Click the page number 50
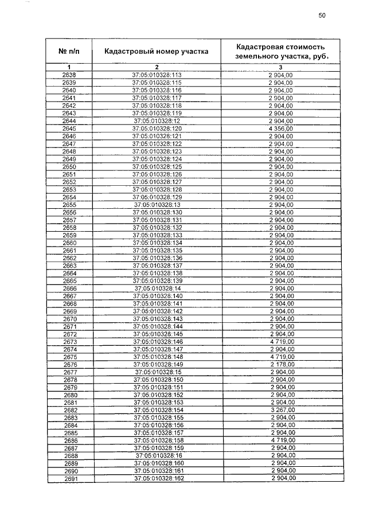click(x=322, y=16)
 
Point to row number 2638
click(x=69, y=75)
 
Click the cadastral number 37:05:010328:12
click(x=157, y=122)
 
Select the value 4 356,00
click(x=281, y=129)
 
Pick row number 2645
click(x=69, y=129)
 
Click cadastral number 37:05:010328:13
click(x=157, y=205)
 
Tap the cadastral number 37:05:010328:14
click(x=157, y=288)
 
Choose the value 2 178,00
click(x=281, y=364)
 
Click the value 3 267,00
click(x=281, y=410)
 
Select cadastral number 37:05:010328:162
click(x=157, y=478)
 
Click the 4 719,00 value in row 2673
click(x=281, y=341)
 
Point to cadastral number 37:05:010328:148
click(x=157, y=357)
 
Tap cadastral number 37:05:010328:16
click(x=157, y=455)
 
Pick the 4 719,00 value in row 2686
click(x=281, y=440)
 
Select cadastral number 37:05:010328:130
click(x=157, y=212)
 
